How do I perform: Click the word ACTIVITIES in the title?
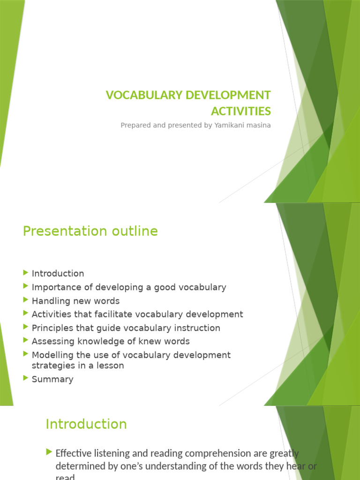[x=241, y=111]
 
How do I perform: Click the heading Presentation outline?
[x=90, y=231]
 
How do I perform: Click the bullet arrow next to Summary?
[x=25, y=378]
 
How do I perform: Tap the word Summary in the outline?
[x=52, y=379]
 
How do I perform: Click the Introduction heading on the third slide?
[x=86, y=424]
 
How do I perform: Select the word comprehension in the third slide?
[x=213, y=453]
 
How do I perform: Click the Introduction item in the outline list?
[x=58, y=273]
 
